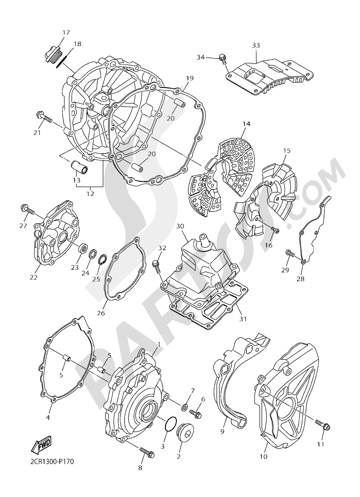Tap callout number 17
point(66,33)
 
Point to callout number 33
point(256,46)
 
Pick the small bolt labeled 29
point(290,254)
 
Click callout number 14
point(246,124)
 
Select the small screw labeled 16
point(275,230)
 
